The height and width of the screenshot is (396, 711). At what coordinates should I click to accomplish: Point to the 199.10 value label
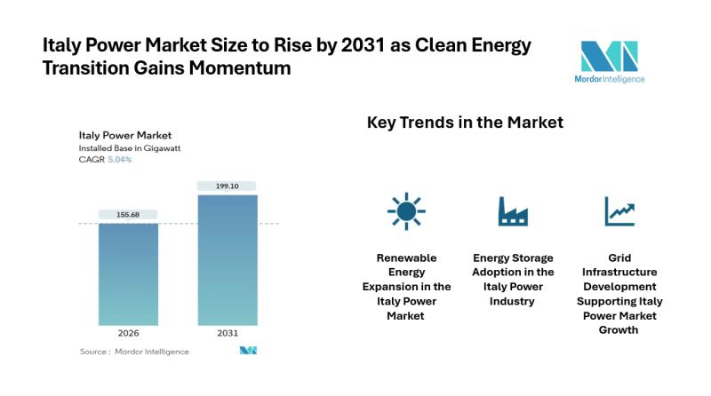click(x=228, y=186)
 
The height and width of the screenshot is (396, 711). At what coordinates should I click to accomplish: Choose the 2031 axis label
click(x=228, y=333)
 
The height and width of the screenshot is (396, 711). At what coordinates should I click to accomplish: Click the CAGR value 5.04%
click(x=120, y=160)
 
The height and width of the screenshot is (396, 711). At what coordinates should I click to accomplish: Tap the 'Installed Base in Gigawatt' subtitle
click(x=130, y=148)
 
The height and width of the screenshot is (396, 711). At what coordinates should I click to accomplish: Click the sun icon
click(x=406, y=211)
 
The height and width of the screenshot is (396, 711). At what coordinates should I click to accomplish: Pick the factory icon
click(x=513, y=211)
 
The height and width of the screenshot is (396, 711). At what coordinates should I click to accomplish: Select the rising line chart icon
click(x=619, y=211)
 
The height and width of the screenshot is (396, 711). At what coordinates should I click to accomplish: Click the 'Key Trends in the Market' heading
click(x=465, y=123)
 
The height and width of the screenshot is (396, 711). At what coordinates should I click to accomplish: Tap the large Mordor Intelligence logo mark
click(x=609, y=56)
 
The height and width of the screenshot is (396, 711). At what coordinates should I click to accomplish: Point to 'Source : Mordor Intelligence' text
click(x=134, y=352)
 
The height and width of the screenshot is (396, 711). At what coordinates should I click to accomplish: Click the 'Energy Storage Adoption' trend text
click(x=513, y=279)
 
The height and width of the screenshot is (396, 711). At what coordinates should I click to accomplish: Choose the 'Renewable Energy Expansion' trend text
click(x=406, y=286)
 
